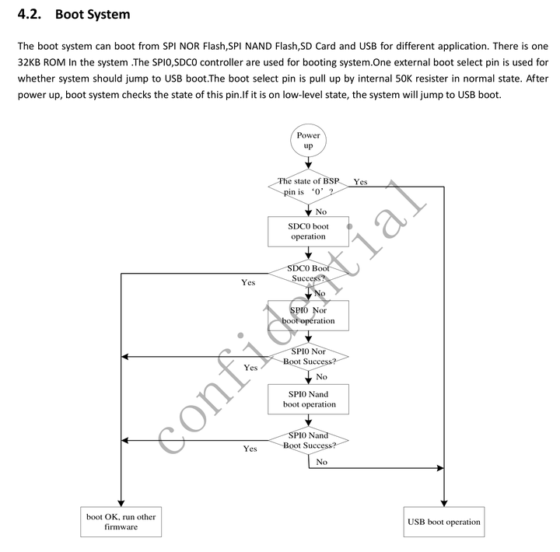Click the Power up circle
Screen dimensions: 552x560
308,140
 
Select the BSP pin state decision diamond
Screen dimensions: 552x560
309,186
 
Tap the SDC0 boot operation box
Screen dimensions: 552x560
308,231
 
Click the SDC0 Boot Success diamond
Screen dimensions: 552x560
309,273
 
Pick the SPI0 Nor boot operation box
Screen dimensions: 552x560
308,315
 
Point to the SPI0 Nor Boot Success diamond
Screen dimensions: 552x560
309,357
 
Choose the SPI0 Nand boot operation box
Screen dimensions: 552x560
309,399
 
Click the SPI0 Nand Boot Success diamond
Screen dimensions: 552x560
309,441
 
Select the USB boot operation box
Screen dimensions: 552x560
443,522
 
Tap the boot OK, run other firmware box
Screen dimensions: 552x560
121,522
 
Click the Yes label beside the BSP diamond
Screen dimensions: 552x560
360,182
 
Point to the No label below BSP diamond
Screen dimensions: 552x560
320,211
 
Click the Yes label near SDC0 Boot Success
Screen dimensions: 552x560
248,283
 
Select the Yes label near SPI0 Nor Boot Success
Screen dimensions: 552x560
250,367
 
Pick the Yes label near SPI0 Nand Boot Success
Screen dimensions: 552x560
250,449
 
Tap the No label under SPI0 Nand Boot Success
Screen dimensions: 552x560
321,462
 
